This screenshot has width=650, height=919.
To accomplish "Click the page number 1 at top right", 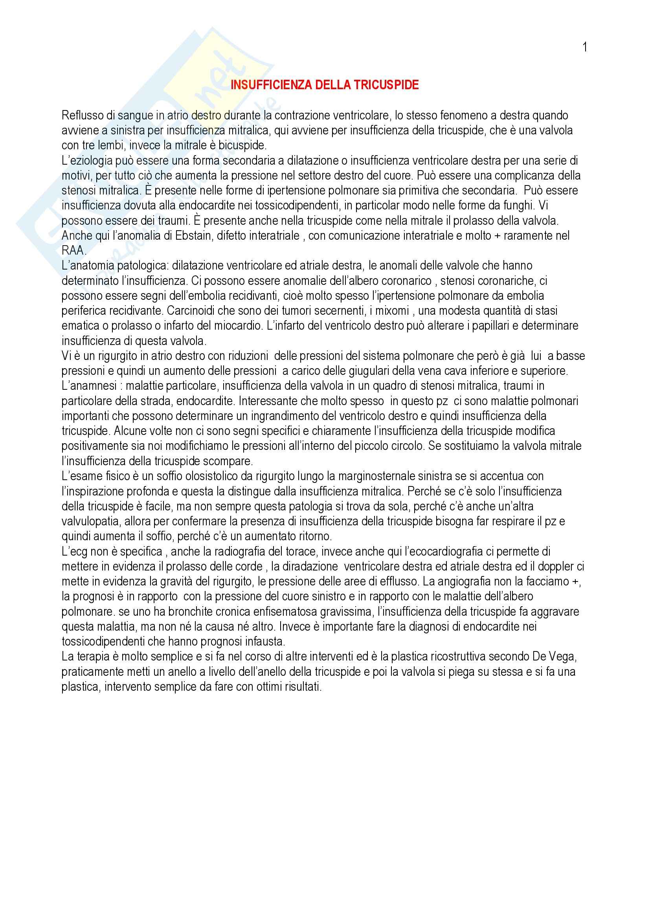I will (585, 48).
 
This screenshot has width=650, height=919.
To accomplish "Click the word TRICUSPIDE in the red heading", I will (386, 85).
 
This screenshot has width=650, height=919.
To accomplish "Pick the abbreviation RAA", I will (73, 251).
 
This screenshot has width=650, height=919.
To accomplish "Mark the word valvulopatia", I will (90, 521).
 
